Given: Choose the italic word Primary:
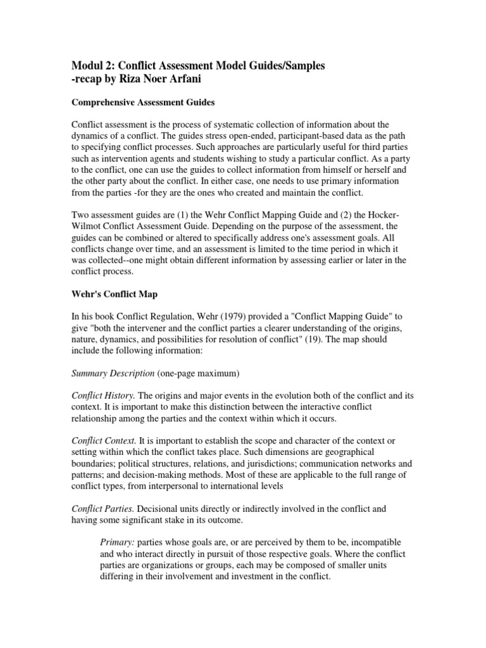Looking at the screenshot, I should point(118,544).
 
